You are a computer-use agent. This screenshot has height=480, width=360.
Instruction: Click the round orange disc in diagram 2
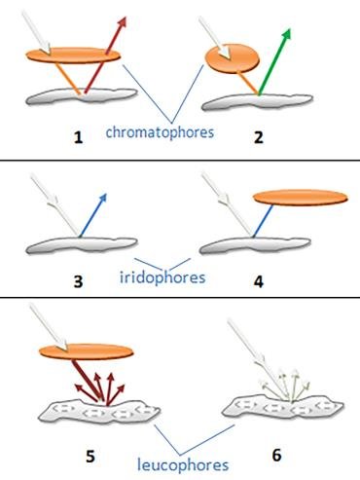[x=234, y=59]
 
